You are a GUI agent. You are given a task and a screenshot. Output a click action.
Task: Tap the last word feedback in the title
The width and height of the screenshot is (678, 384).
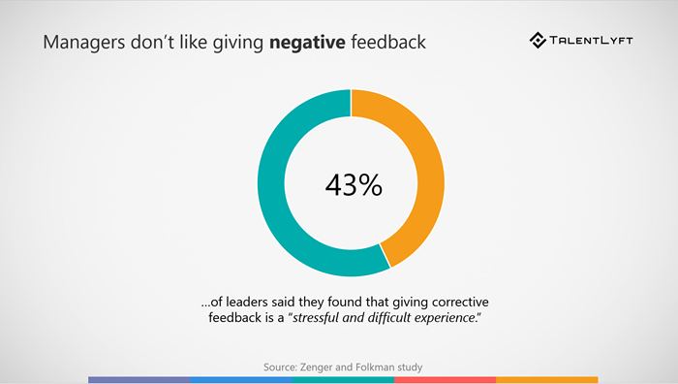[385, 44]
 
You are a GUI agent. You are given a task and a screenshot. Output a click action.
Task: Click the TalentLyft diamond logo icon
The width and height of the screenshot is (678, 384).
[539, 41]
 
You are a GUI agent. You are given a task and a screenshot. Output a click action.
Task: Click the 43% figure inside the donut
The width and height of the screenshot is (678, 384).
[351, 184]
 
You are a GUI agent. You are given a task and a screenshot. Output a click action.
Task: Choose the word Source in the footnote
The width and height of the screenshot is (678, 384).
[281, 368]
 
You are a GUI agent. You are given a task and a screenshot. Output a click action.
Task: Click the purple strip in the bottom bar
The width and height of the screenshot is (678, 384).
[139, 379]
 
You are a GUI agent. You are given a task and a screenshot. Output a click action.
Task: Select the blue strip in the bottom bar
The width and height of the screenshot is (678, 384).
[240, 379]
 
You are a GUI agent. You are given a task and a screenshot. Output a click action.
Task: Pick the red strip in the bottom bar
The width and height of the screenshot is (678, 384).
[444, 379]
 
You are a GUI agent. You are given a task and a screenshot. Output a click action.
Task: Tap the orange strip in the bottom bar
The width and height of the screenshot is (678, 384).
[546, 379]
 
